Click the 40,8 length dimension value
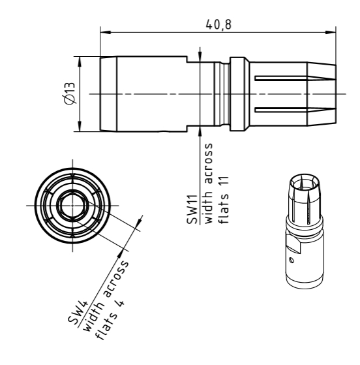coord(218,24)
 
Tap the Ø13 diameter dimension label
coord(70,93)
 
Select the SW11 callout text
coord(192,210)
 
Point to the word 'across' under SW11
coord(209,163)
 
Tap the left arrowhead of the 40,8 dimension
coord(105,32)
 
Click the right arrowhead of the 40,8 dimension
coord(331,32)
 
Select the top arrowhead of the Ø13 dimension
coord(80,61)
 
